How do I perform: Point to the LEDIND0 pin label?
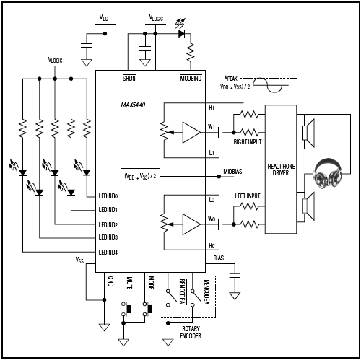[x=113, y=196]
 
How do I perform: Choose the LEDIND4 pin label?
[x=113, y=252]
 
